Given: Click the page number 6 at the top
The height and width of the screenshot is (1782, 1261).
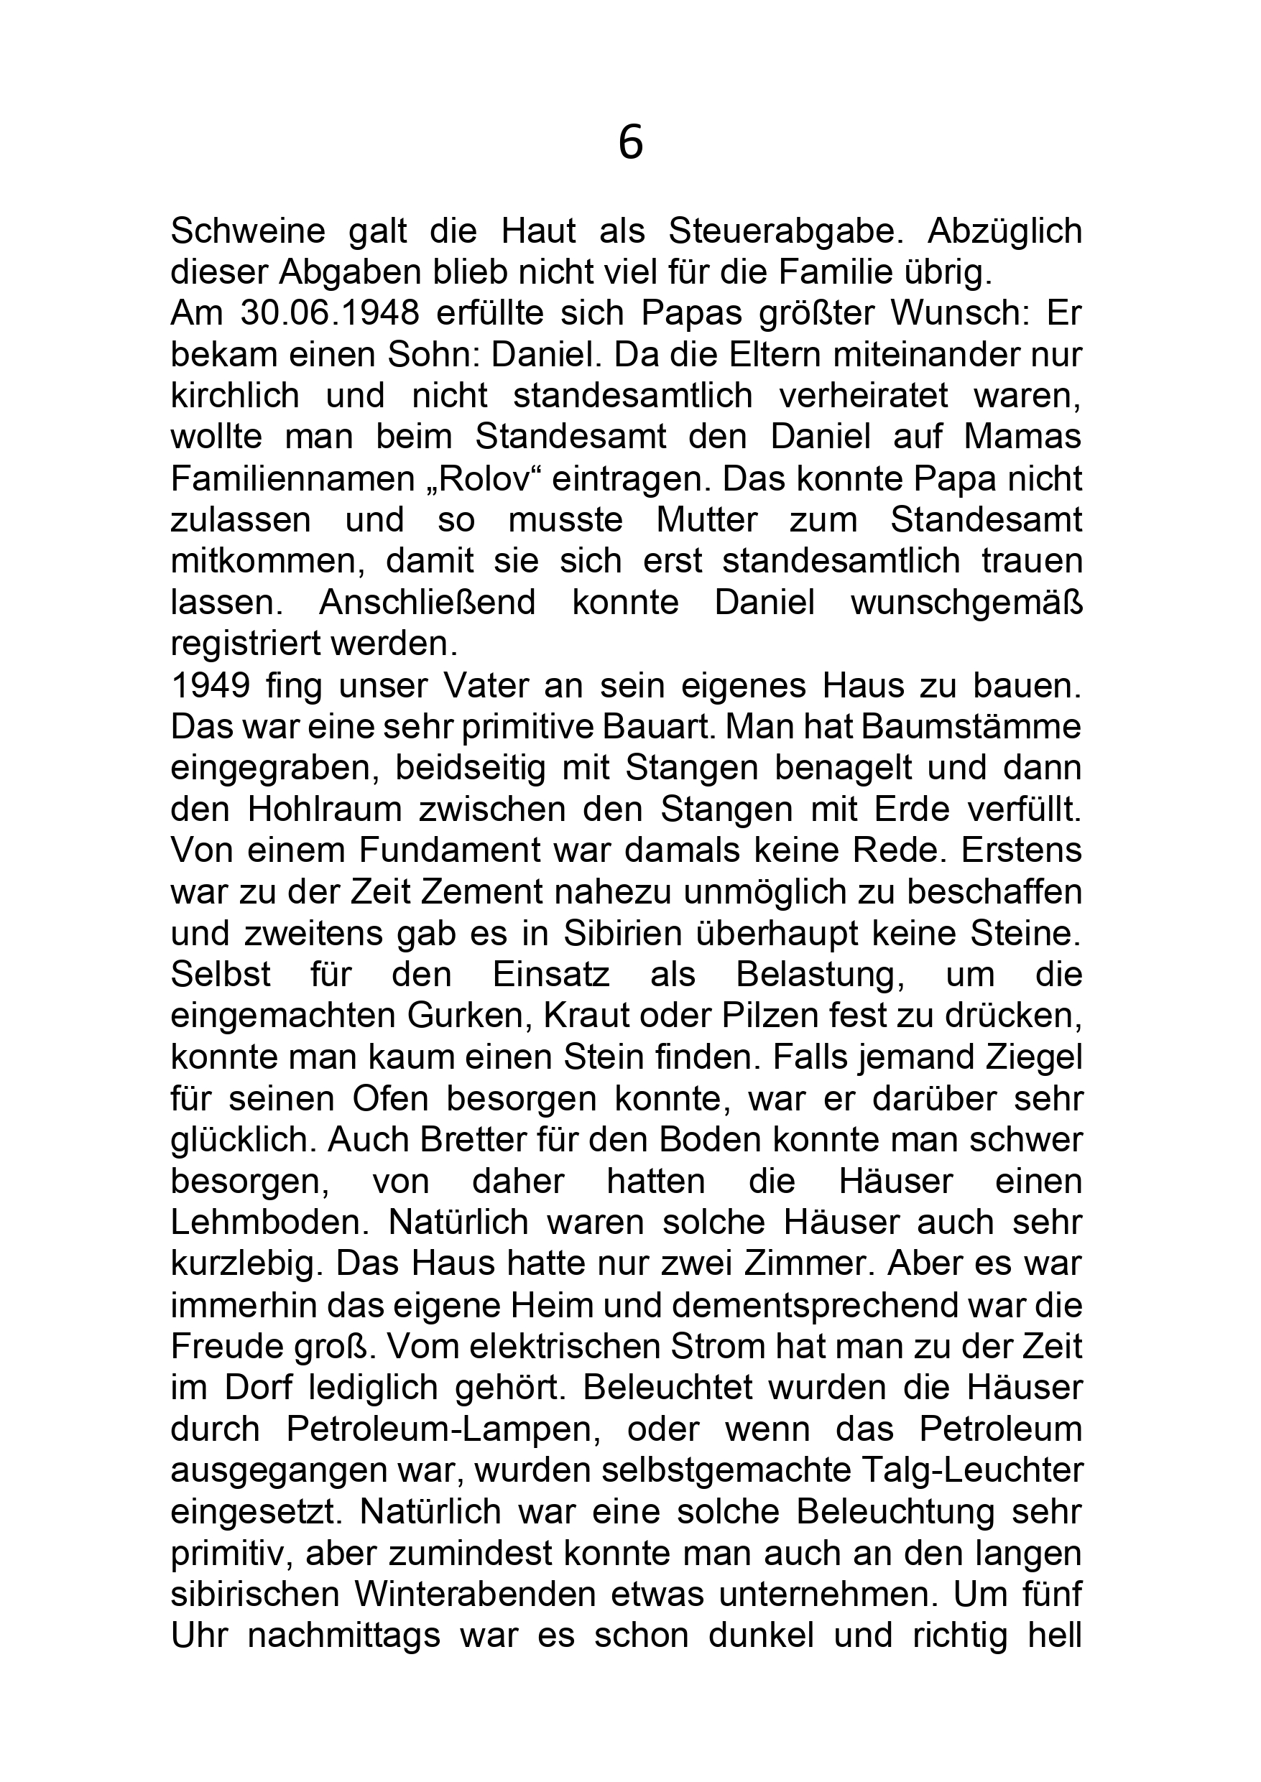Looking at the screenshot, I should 631,144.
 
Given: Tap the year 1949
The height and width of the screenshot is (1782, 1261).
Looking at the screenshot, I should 210,685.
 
